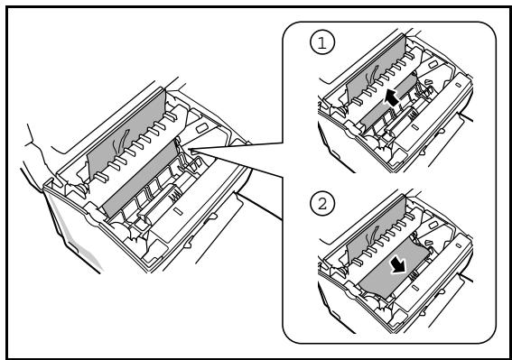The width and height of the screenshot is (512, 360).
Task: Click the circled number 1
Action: coord(322,43)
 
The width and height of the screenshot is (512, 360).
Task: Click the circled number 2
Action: coord(322,204)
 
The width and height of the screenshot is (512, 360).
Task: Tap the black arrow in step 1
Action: coord(392,98)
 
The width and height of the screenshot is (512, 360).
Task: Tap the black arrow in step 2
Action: coord(397,265)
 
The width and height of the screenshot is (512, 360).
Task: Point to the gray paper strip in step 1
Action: coord(388,102)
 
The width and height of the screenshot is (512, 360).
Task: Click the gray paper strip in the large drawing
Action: coord(140,179)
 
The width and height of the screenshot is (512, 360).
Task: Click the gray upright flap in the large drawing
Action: coord(126,134)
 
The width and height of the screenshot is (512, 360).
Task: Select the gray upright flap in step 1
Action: coord(376,70)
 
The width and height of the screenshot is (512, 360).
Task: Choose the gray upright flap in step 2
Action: coord(376,230)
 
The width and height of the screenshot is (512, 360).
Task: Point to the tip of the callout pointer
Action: coord(189,151)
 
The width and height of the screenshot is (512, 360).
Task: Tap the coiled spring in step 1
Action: coord(412,114)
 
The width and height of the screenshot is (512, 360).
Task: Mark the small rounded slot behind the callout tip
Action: coord(201,127)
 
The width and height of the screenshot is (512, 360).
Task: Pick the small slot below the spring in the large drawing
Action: coord(178,211)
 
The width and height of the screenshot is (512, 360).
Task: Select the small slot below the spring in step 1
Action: coord(414,126)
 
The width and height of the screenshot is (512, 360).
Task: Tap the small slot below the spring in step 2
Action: coord(414,288)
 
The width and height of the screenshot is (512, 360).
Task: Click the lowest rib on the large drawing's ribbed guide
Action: coord(100,178)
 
